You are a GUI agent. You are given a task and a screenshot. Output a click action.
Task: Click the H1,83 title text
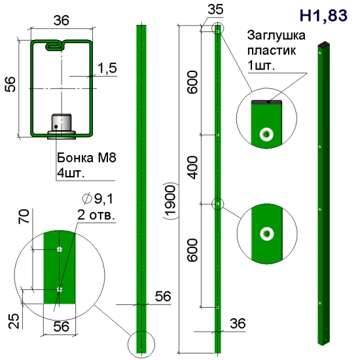pos(323,16)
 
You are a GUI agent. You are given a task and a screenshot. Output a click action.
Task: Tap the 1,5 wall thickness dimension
pos(107,68)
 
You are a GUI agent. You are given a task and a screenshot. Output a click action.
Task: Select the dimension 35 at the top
pos(215,9)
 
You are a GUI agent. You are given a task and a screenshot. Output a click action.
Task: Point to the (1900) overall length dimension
pos(170,201)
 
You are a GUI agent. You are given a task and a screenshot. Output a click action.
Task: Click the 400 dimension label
pos(192,168)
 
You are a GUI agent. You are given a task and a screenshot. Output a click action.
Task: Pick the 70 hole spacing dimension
pos(24,216)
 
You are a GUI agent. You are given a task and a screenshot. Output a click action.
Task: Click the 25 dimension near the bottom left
pos(14,321)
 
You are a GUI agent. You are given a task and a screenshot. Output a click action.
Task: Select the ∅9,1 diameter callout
pos(98,198)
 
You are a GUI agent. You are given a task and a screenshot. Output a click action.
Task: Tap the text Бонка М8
pos(86,158)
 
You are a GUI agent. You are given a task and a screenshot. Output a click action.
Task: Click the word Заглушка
pos(276,35)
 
